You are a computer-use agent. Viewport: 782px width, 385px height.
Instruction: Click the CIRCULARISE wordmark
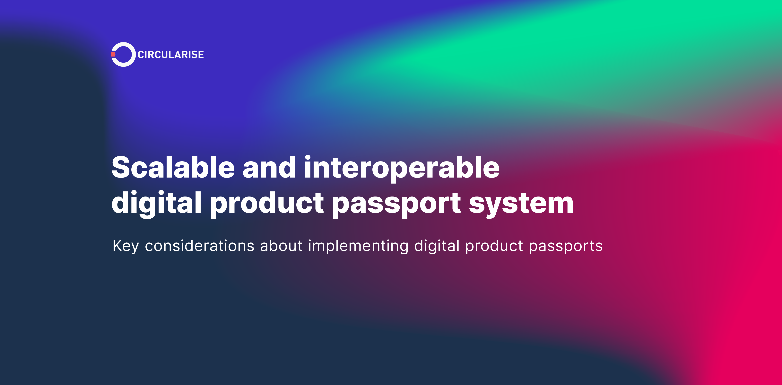coord(171,55)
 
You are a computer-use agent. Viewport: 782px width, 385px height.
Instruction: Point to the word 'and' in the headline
coord(269,168)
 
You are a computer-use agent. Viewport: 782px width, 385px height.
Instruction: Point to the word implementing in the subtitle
coord(358,246)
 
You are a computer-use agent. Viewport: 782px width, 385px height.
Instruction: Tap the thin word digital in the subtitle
coord(437,246)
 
